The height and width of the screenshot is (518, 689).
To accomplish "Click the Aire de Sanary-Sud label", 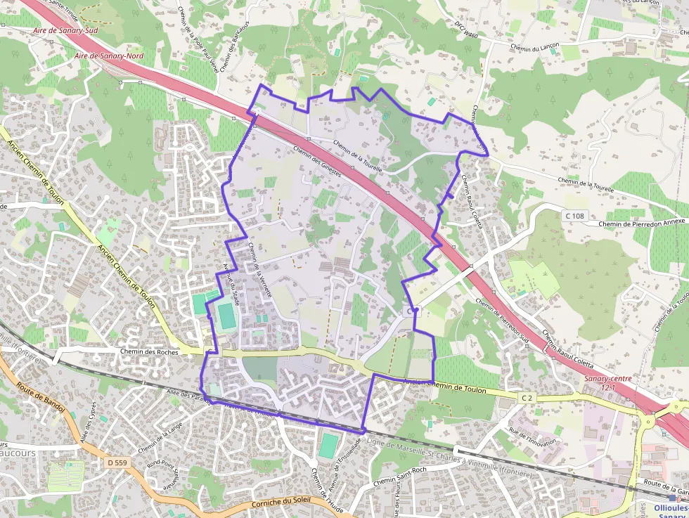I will (65, 32).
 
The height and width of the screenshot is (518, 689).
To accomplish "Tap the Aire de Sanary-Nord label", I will (106, 55).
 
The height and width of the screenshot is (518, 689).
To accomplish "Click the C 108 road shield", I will (574, 216).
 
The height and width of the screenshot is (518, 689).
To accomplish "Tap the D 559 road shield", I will (119, 462).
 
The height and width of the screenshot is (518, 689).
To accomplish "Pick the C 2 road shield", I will (527, 398).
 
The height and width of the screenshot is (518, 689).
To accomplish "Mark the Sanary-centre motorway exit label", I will (608, 382).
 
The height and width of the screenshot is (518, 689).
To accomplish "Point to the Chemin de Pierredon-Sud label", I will (502, 318).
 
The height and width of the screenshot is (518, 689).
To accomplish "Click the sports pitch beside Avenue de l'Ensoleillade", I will (328, 446).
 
